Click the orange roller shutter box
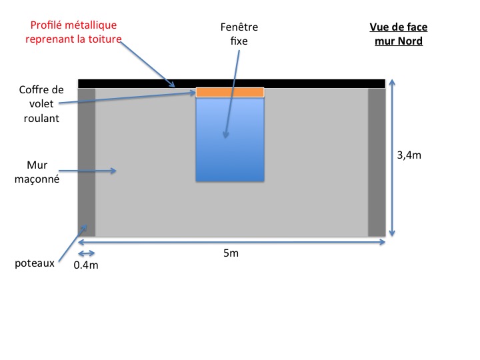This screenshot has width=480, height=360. click(230, 93)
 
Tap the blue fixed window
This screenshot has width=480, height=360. click(230, 157)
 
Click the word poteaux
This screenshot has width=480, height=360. click(34, 263)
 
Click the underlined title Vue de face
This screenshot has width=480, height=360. click(398, 27)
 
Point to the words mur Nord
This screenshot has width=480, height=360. click(399, 41)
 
